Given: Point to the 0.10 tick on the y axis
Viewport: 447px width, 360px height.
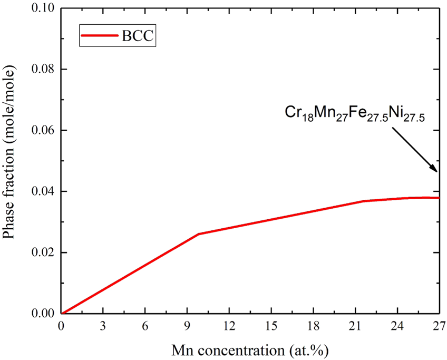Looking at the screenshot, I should click(44, 9).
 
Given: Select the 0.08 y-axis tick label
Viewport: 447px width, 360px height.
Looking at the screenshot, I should click(44, 70).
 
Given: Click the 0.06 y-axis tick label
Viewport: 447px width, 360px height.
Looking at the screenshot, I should click(44, 131).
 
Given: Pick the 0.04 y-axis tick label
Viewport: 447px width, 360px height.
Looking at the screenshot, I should click(44, 191).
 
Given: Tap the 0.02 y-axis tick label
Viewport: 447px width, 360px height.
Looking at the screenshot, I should click(44, 252).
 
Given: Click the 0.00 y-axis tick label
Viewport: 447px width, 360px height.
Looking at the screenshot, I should click(44, 314).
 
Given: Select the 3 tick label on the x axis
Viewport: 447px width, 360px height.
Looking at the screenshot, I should click(104, 326).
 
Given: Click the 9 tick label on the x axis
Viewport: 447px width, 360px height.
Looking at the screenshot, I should click(188, 326).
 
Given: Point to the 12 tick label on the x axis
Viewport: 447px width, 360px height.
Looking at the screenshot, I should click(229, 326).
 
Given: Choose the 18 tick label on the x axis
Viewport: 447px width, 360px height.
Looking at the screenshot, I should click(313, 326).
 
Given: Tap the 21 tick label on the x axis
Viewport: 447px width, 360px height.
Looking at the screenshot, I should click(355, 326).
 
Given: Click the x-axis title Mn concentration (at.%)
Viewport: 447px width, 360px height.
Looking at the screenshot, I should click(250, 348).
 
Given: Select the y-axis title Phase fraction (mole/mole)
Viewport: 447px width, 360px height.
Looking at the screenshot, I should click(12, 161).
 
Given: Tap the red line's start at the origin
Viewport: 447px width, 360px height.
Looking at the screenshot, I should click(62, 314).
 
